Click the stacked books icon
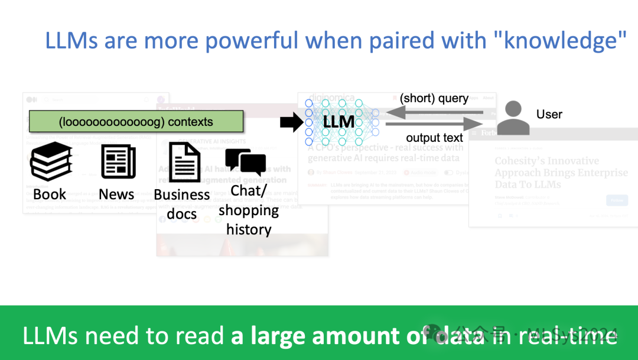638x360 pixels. click(x=51, y=161)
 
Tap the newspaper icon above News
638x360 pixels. click(x=118, y=161)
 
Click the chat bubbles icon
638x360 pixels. click(x=245, y=162)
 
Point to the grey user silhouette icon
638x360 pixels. click(x=513, y=118)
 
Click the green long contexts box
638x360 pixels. click(x=136, y=122)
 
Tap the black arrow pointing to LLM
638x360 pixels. click(x=291, y=122)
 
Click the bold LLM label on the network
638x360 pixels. click(x=339, y=122)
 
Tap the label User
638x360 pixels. click(x=549, y=114)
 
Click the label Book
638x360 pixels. click(x=50, y=194)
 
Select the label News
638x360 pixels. click(x=116, y=194)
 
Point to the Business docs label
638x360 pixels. click(x=182, y=204)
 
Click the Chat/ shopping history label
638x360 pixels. click(x=249, y=210)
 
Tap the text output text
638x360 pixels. click(x=435, y=138)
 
